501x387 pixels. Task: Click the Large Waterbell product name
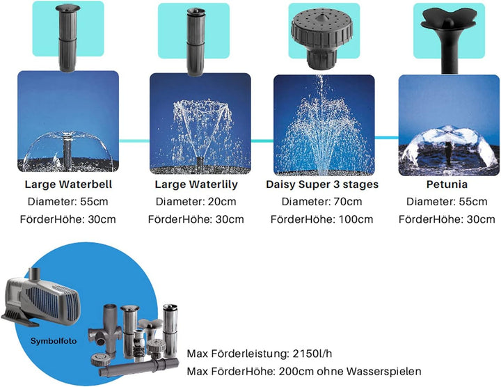tap(68, 184)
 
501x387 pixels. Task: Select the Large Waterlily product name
tap(196, 184)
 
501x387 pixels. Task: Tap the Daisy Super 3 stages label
tap(322, 184)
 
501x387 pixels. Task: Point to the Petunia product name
tap(447, 184)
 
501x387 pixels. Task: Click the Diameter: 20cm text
tap(196, 202)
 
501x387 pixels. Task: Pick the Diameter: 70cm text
tap(322, 202)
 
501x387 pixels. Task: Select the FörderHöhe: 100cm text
tap(322, 219)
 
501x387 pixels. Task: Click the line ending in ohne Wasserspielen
tap(303, 372)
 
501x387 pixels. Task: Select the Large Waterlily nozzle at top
tap(194, 38)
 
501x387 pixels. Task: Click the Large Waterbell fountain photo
tap(68, 122)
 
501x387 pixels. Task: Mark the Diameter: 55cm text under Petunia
tap(447, 202)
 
